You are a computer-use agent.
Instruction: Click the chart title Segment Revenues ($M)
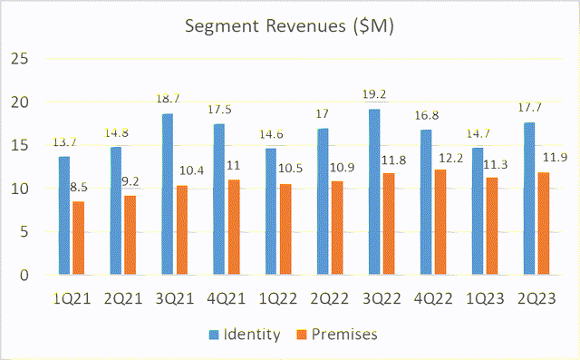coord(289,26)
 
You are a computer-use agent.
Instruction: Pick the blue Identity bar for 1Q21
coord(63,216)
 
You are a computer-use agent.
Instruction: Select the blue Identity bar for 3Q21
coord(167,194)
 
